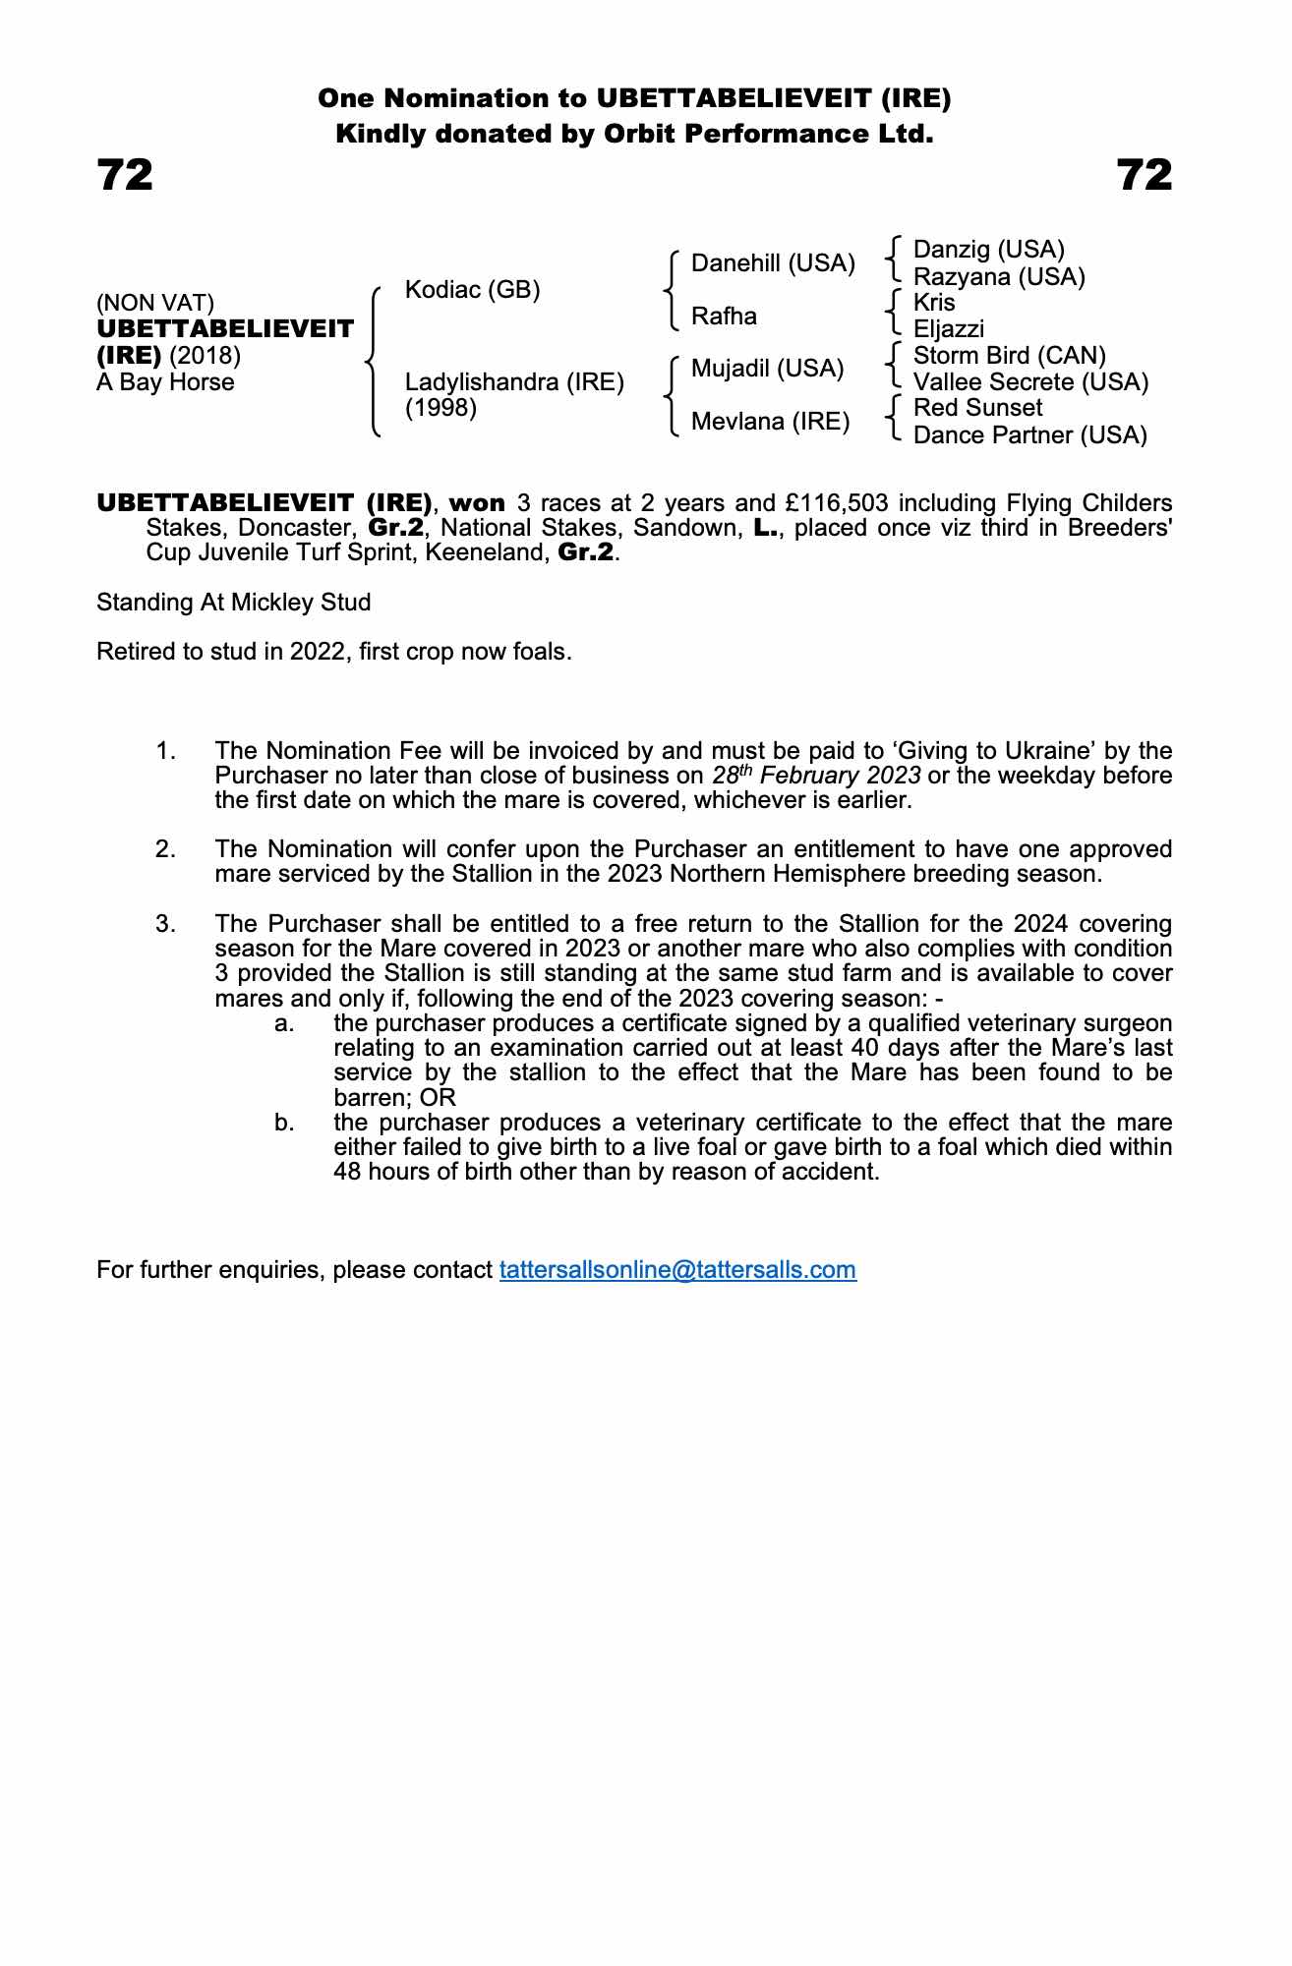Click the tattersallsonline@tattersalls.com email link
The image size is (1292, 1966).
tap(677, 1270)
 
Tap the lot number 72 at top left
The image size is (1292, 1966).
tap(125, 176)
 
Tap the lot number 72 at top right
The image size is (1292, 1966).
tap(1145, 176)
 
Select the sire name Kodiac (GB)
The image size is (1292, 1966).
tap(472, 290)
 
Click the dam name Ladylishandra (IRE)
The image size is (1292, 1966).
tap(514, 382)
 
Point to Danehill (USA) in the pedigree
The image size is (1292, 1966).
tap(773, 263)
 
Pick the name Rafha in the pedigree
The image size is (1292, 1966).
tap(724, 317)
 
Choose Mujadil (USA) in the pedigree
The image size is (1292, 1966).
tap(767, 369)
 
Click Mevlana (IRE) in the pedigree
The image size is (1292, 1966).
tap(770, 422)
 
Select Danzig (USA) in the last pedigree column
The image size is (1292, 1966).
tap(988, 250)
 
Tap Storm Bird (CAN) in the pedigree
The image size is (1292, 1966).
tap(1009, 356)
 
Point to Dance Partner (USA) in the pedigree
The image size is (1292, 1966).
tap(1029, 435)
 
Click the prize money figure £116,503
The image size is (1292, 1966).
tap(837, 503)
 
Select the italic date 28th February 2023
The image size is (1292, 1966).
tap(816, 776)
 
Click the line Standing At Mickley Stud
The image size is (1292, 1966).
tap(233, 603)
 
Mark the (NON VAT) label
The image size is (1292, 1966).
tap(155, 304)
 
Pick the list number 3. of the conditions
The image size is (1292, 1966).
tap(165, 924)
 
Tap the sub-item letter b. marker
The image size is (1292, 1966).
tap(284, 1123)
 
